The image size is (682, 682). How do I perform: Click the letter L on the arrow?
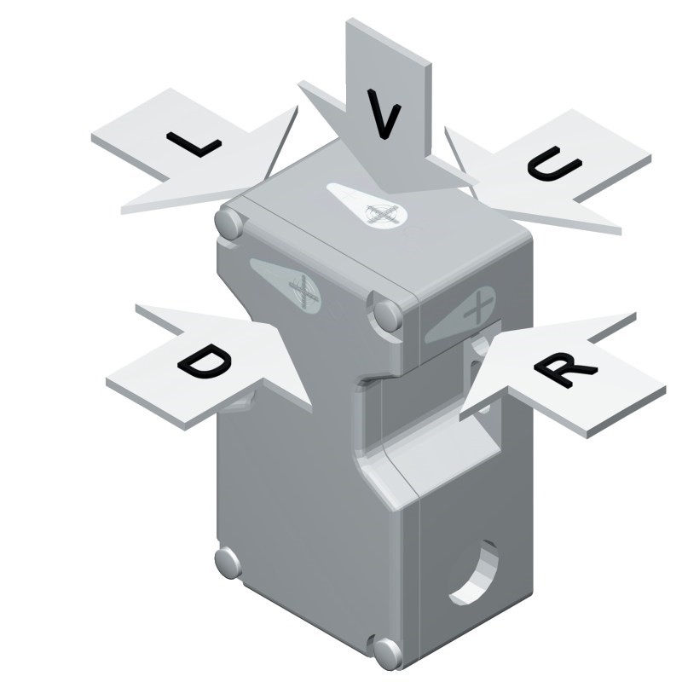tap(194, 143)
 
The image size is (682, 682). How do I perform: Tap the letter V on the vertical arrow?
tap(383, 114)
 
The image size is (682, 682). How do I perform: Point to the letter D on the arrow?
tap(205, 361)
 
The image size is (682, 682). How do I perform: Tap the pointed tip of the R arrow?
tap(460, 419)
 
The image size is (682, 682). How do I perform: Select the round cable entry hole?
tap(474, 573)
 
